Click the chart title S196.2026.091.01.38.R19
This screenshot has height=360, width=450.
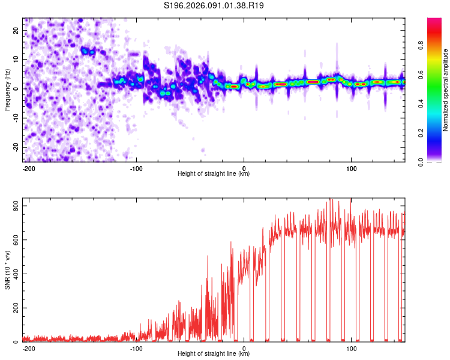coord(214,5)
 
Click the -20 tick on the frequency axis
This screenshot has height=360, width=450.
coord(15,147)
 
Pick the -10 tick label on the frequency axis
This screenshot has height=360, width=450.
coord(15,118)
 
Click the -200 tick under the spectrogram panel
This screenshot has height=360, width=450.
coord(28,167)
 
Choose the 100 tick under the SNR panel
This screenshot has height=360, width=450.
coord(352,348)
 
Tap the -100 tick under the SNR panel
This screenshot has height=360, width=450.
coord(136,348)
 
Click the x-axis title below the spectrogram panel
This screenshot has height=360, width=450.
coord(214,174)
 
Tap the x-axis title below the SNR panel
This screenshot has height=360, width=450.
coord(214,355)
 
